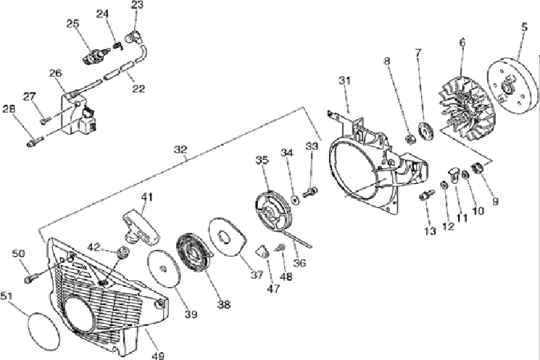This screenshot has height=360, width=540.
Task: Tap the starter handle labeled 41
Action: click(x=138, y=219)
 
